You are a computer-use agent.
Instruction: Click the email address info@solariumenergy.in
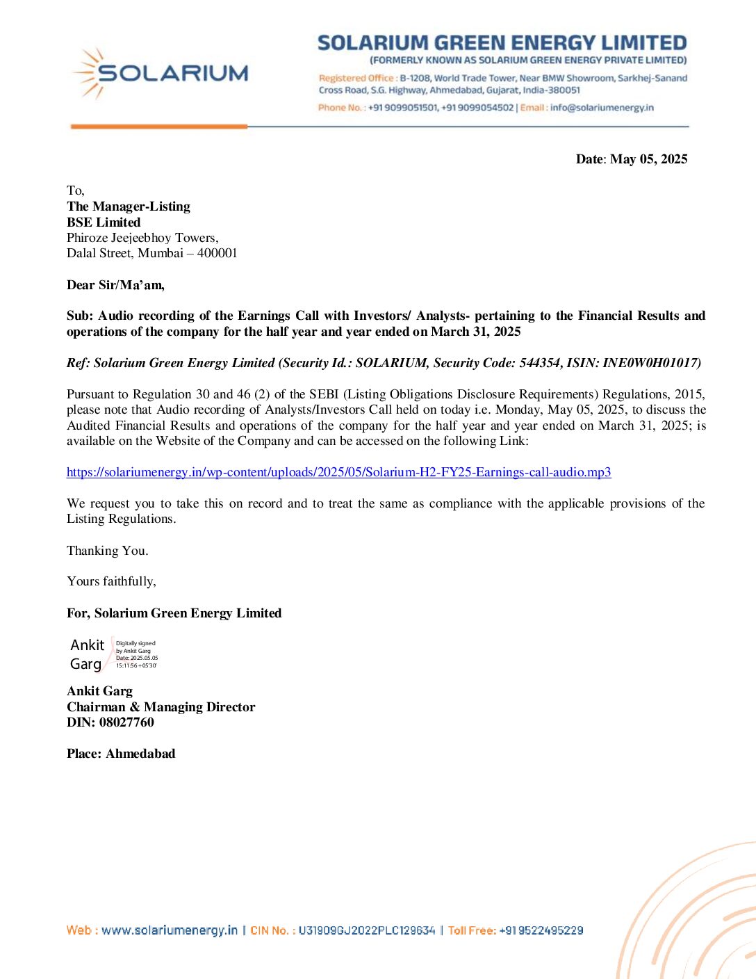[x=602, y=108]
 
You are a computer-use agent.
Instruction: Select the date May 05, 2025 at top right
[x=648, y=159]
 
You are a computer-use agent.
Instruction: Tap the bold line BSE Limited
[x=104, y=222]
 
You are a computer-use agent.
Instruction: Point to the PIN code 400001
[x=217, y=253]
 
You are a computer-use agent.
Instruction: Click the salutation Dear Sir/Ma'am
[x=115, y=285]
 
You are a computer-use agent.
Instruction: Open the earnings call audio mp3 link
[x=338, y=473]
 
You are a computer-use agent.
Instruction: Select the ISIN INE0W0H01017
[x=650, y=363]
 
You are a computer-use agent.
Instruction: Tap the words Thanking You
[x=107, y=551]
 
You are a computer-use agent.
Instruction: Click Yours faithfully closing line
[x=111, y=581]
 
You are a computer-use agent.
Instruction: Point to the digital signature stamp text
[x=136, y=654]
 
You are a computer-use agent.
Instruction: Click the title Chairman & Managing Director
[x=161, y=707]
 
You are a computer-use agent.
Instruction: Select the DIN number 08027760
[x=126, y=722]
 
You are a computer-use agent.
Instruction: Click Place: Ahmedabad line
[x=121, y=754]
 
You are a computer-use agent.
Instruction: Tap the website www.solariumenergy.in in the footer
[x=169, y=930]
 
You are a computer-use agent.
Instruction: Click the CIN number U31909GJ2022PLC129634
[x=366, y=930]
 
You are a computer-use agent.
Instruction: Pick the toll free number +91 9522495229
[x=541, y=930]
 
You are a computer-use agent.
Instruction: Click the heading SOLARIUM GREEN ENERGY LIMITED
[x=502, y=43]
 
